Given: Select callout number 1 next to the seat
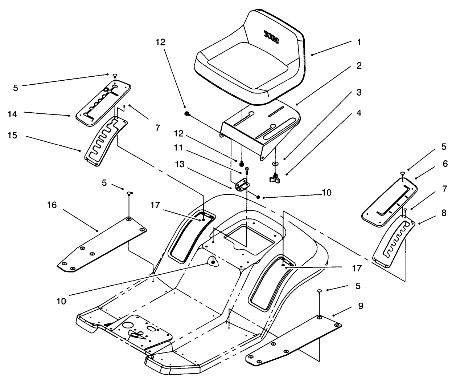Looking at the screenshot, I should (358, 43).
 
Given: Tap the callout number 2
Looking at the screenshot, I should (358, 66).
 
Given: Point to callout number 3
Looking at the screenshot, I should (358, 92).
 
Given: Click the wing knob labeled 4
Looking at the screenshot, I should (275, 178).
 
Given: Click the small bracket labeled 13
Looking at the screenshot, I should (241, 186).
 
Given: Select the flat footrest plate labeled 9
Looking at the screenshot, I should (294, 338).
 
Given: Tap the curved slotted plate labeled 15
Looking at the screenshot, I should (105, 142).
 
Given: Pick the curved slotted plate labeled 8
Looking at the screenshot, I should (394, 240).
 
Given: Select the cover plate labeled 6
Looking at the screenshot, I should (390, 201).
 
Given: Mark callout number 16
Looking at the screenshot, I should (52, 205).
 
